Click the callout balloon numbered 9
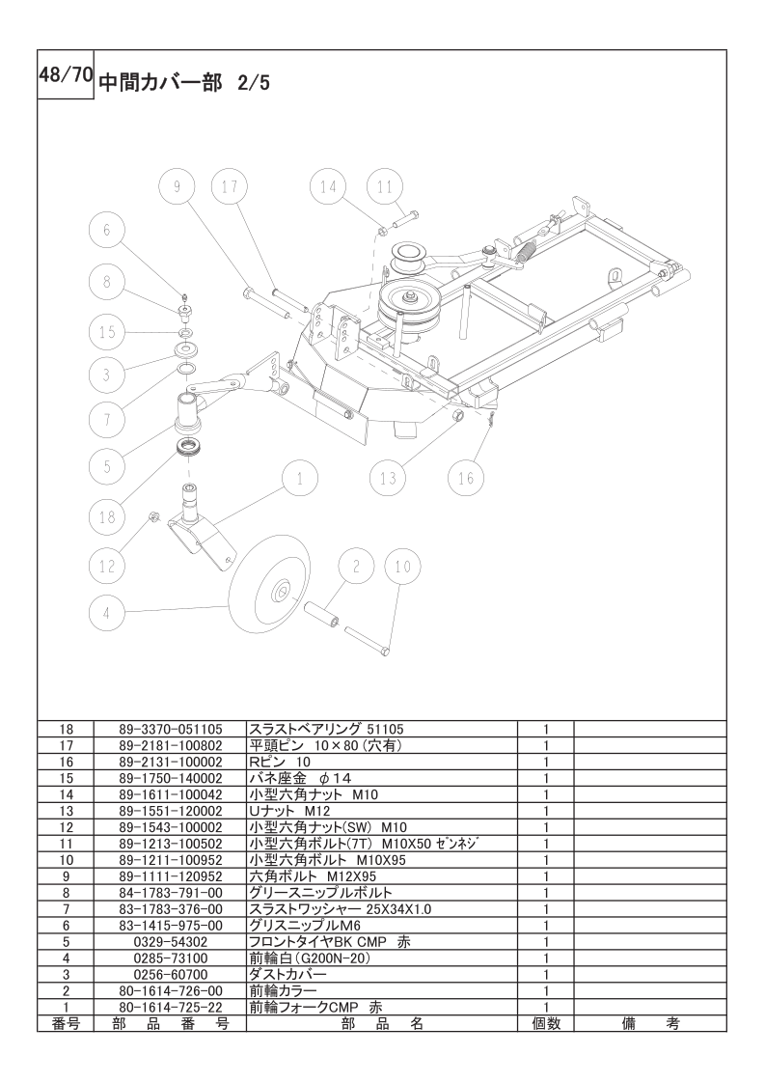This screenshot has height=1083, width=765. [177, 187]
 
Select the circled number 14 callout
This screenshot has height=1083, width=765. [329, 187]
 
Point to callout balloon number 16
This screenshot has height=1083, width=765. [467, 477]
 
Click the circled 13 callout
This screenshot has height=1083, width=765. [388, 477]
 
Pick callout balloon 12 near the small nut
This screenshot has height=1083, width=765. [107, 566]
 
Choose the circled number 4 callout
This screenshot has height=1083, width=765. [107, 610]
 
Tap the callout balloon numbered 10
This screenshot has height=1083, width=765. [403, 567]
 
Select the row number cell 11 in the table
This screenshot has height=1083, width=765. [66, 843]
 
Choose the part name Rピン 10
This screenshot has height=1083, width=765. [281, 762]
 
